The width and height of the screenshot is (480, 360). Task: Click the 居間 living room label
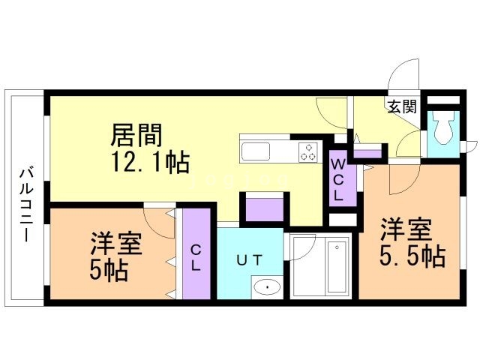[136, 135]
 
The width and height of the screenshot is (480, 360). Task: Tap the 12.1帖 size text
[150, 162]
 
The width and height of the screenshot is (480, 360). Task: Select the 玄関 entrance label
[402, 106]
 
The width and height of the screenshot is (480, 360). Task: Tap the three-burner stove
[308, 151]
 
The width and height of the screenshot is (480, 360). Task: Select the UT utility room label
[250, 260]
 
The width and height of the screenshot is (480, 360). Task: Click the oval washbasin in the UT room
[267, 287]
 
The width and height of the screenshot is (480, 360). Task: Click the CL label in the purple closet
[196, 259]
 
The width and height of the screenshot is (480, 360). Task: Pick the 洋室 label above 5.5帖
[406, 229]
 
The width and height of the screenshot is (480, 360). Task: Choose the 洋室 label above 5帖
[116, 244]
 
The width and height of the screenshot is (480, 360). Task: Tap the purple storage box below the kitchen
[265, 209]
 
